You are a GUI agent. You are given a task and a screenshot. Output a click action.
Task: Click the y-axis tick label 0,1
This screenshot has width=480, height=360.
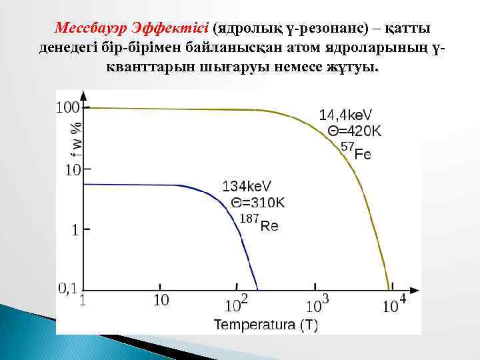tap(69, 288)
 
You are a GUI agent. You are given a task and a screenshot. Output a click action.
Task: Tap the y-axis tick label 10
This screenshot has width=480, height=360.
tap(72, 170)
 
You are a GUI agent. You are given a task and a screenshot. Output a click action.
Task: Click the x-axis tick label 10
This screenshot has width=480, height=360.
tap(161, 301)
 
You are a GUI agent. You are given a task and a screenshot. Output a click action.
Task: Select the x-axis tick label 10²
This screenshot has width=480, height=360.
tap(236, 305)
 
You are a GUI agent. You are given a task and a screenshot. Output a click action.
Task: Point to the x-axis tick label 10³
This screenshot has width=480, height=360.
tap(317, 305)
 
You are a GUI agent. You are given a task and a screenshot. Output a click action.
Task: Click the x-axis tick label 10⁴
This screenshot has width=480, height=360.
tap(394, 304)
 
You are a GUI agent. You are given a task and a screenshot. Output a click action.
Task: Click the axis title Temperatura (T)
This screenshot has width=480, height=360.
tap(265, 325)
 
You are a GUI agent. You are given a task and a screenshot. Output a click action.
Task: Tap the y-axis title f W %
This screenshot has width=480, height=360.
tap(78, 138)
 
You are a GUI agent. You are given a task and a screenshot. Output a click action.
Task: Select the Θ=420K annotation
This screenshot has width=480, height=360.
tap(354, 131)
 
